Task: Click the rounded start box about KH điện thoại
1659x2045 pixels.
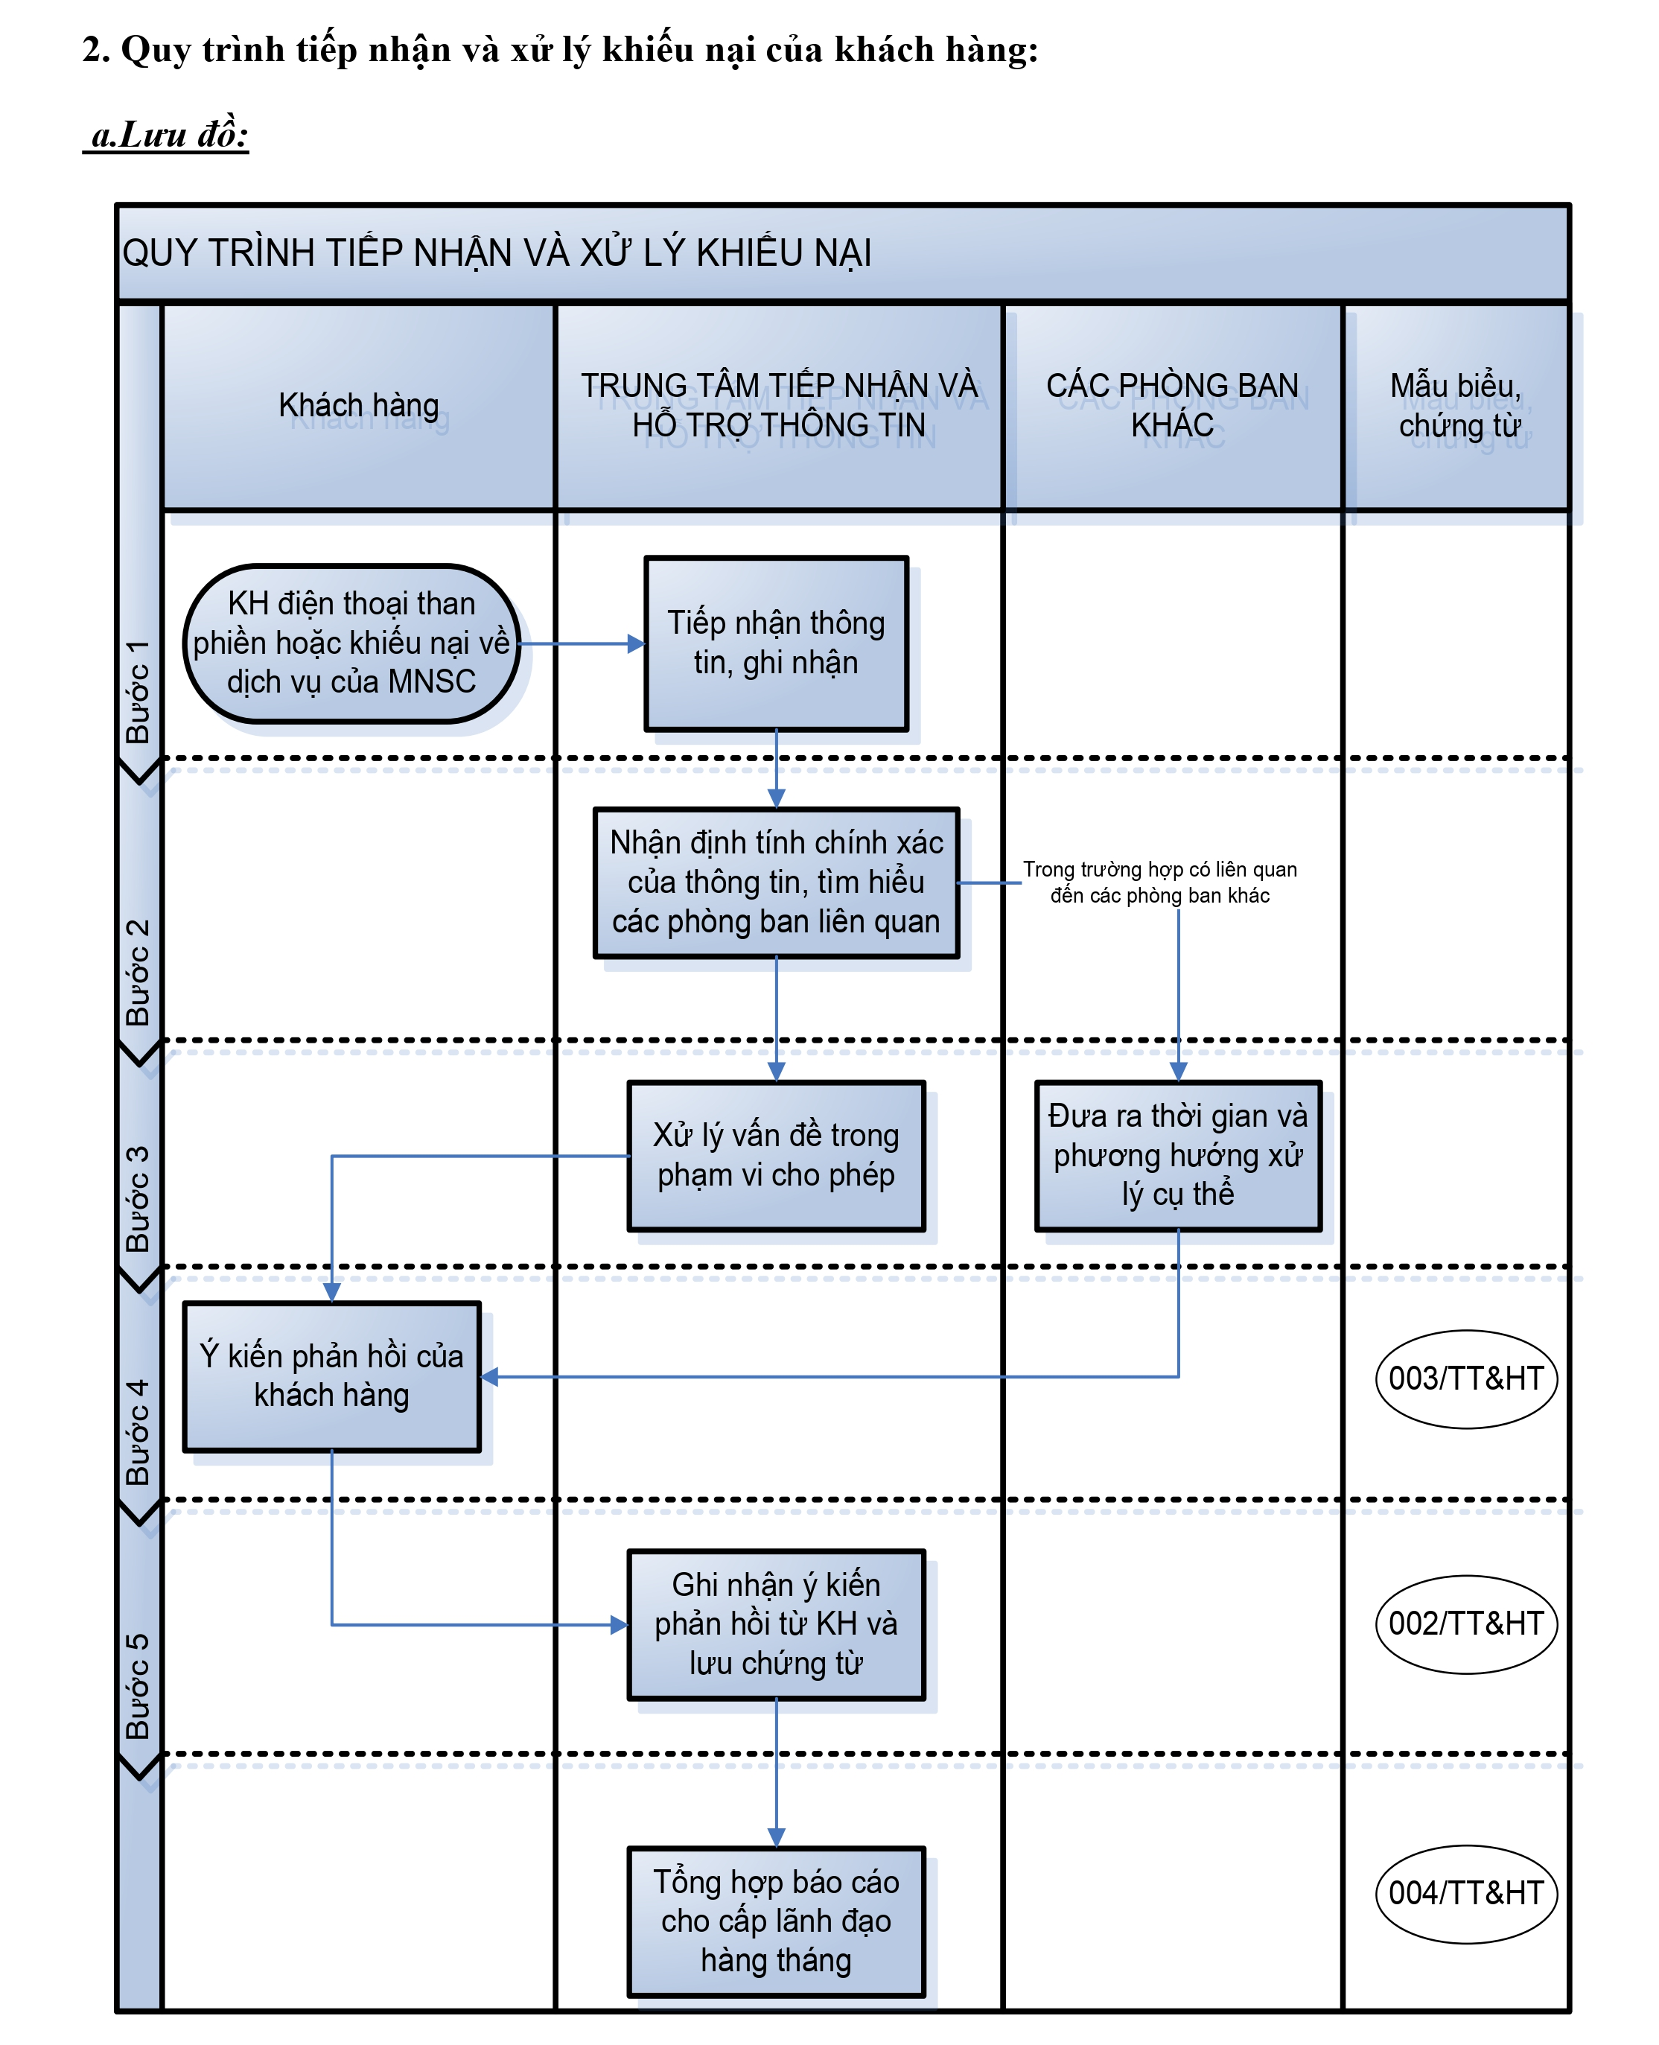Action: click(x=351, y=643)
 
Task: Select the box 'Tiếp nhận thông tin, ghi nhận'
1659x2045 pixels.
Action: click(x=776, y=643)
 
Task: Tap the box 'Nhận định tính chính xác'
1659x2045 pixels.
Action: click(x=776, y=882)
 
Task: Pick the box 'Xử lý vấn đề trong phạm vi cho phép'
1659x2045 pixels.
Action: click(x=776, y=1155)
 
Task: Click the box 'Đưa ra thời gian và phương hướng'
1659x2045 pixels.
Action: click(x=1178, y=1155)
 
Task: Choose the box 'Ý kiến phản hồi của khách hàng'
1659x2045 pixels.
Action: click(x=331, y=1376)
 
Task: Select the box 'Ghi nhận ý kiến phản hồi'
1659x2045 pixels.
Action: click(x=776, y=1624)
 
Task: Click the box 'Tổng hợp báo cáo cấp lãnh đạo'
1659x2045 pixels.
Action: click(x=776, y=1921)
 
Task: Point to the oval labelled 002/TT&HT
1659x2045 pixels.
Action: click(x=1466, y=1624)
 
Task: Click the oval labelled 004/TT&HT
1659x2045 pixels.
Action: click(x=1466, y=1894)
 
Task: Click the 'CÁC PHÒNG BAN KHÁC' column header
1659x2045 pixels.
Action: click(x=1173, y=406)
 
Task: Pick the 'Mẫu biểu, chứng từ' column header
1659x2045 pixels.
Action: click(x=1456, y=406)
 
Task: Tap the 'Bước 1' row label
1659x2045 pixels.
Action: click(x=138, y=692)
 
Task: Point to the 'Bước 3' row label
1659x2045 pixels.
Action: click(x=138, y=1199)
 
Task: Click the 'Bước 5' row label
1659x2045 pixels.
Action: click(x=138, y=1687)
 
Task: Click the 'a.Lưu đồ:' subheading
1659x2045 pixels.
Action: click(x=168, y=134)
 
